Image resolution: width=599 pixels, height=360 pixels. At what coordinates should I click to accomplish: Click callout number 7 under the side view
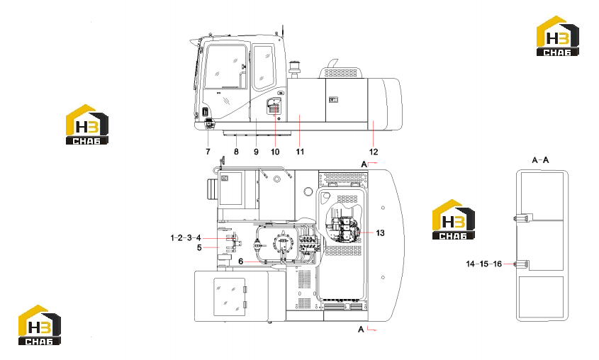[x=208, y=152]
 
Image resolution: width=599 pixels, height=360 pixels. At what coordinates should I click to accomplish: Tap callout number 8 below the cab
[x=236, y=152]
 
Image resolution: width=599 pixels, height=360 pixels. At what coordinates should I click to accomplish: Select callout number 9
[x=256, y=152]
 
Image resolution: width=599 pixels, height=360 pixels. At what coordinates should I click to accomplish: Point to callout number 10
[x=275, y=152]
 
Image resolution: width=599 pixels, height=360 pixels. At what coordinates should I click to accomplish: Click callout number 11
[x=300, y=152]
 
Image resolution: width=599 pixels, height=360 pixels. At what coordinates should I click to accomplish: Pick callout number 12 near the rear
[x=374, y=152]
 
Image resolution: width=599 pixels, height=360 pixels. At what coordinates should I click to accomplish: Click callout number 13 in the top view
[x=380, y=233]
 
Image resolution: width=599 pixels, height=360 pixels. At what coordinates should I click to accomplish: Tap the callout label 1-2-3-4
[x=186, y=238]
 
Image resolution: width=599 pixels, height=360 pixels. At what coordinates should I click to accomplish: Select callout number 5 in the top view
[x=199, y=248]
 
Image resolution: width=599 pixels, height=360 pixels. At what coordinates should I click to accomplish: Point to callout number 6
[x=241, y=261]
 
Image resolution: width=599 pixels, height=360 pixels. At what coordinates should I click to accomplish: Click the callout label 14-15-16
[x=483, y=264]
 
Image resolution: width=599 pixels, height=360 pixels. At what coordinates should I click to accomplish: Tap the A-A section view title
[x=540, y=160]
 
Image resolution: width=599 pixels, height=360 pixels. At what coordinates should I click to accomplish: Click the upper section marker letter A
[x=364, y=164]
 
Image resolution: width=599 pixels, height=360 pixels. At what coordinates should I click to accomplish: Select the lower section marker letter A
[x=361, y=329]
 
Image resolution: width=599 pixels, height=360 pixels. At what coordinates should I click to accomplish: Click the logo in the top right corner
[x=558, y=36]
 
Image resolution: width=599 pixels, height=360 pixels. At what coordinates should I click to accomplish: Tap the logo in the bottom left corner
[x=40, y=325]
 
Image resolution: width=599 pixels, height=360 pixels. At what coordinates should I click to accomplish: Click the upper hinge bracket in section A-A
[x=522, y=218]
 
